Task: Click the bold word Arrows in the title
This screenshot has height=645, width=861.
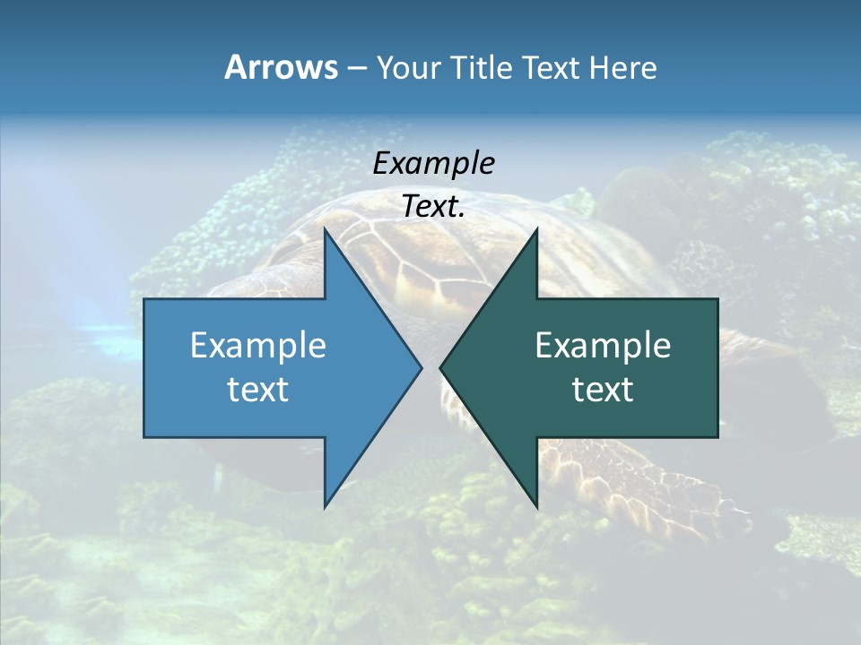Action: point(281,67)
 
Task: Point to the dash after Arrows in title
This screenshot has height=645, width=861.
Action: point(356,69)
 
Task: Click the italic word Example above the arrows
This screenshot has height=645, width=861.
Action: point(434,164)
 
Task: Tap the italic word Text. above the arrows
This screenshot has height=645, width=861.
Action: point(434,207)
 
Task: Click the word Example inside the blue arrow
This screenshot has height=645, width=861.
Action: point(258,346)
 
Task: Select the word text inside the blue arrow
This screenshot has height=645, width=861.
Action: point(258,390)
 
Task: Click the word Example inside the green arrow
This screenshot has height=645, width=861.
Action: point(603,346)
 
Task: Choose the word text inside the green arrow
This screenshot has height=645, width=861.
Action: point(603,390)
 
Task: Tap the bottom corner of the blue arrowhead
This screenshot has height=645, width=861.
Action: point(326,506)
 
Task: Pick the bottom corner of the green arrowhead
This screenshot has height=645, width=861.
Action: point(536,506)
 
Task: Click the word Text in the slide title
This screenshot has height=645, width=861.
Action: point(552,67)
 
